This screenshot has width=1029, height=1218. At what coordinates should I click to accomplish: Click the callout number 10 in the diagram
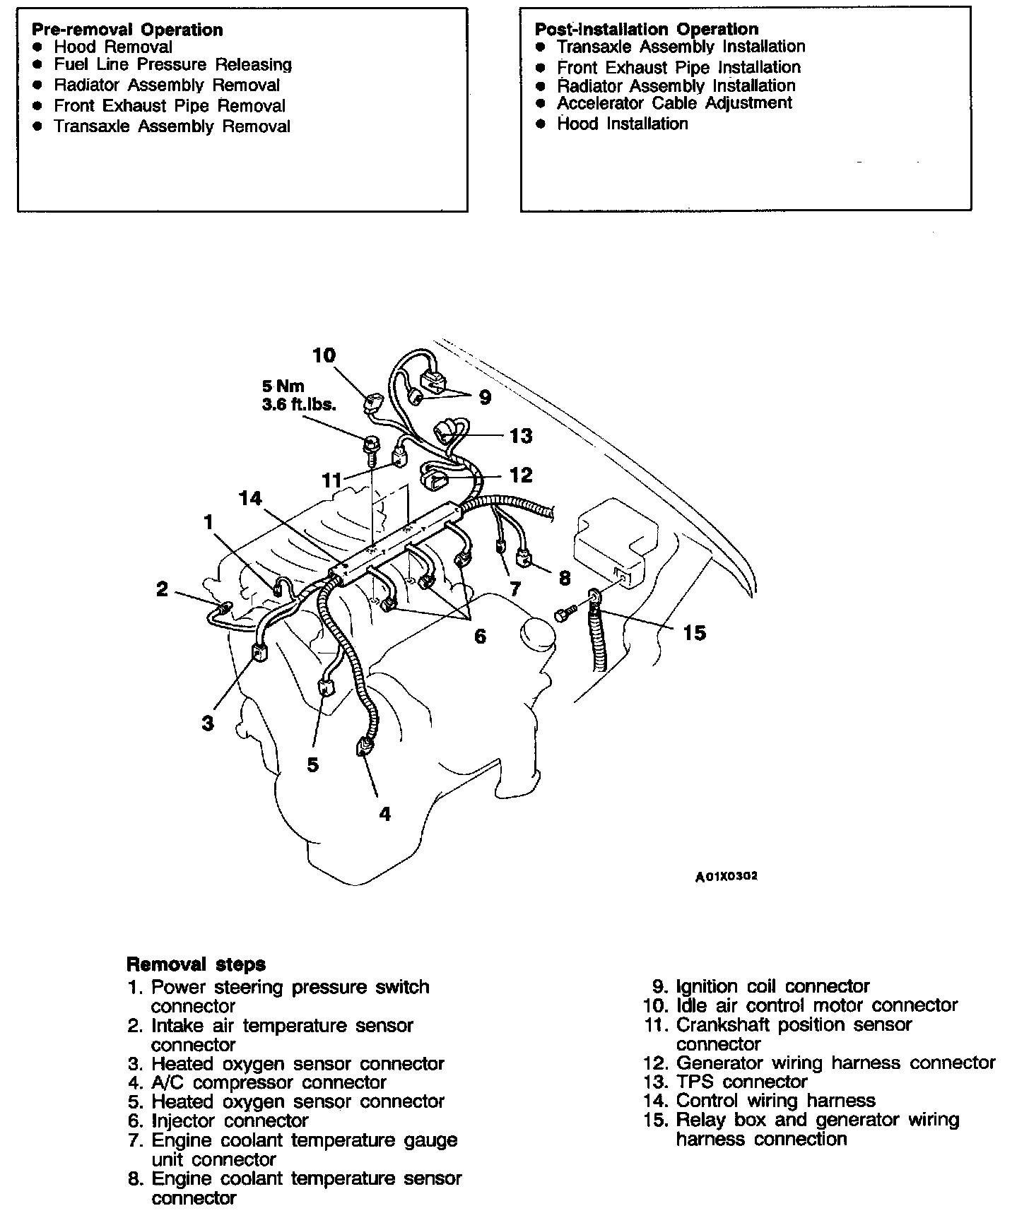point(324,355)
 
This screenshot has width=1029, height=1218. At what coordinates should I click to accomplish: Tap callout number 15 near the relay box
point(694,633)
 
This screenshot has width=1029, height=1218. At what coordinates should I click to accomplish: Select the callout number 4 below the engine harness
point(384,814)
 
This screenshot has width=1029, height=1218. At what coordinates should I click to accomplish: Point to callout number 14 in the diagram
point(250,499)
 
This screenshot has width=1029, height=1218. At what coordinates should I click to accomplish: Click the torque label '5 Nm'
point(283,386)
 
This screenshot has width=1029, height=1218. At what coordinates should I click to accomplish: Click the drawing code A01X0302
point(726,876)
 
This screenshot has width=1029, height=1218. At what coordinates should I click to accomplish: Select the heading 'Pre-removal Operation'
point(127,30)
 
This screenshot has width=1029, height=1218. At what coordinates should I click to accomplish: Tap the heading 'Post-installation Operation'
point(646,29)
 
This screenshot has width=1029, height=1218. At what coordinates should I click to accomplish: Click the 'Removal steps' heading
point(196,964)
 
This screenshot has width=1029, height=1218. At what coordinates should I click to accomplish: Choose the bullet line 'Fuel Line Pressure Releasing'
point(172,65)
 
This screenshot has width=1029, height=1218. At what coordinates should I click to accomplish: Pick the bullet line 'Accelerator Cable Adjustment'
point(674,103)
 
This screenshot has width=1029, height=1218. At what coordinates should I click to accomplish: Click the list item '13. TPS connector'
point(726,1082)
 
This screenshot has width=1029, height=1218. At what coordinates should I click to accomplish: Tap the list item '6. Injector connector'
point(219,1121)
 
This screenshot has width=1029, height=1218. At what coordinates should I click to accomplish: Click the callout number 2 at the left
point(163,589)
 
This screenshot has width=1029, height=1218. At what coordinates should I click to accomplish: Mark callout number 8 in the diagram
point(564,578)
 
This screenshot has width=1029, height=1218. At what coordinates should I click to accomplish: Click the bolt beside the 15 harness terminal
point(563,615)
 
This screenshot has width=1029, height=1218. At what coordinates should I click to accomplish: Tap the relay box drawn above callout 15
point(617,541)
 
